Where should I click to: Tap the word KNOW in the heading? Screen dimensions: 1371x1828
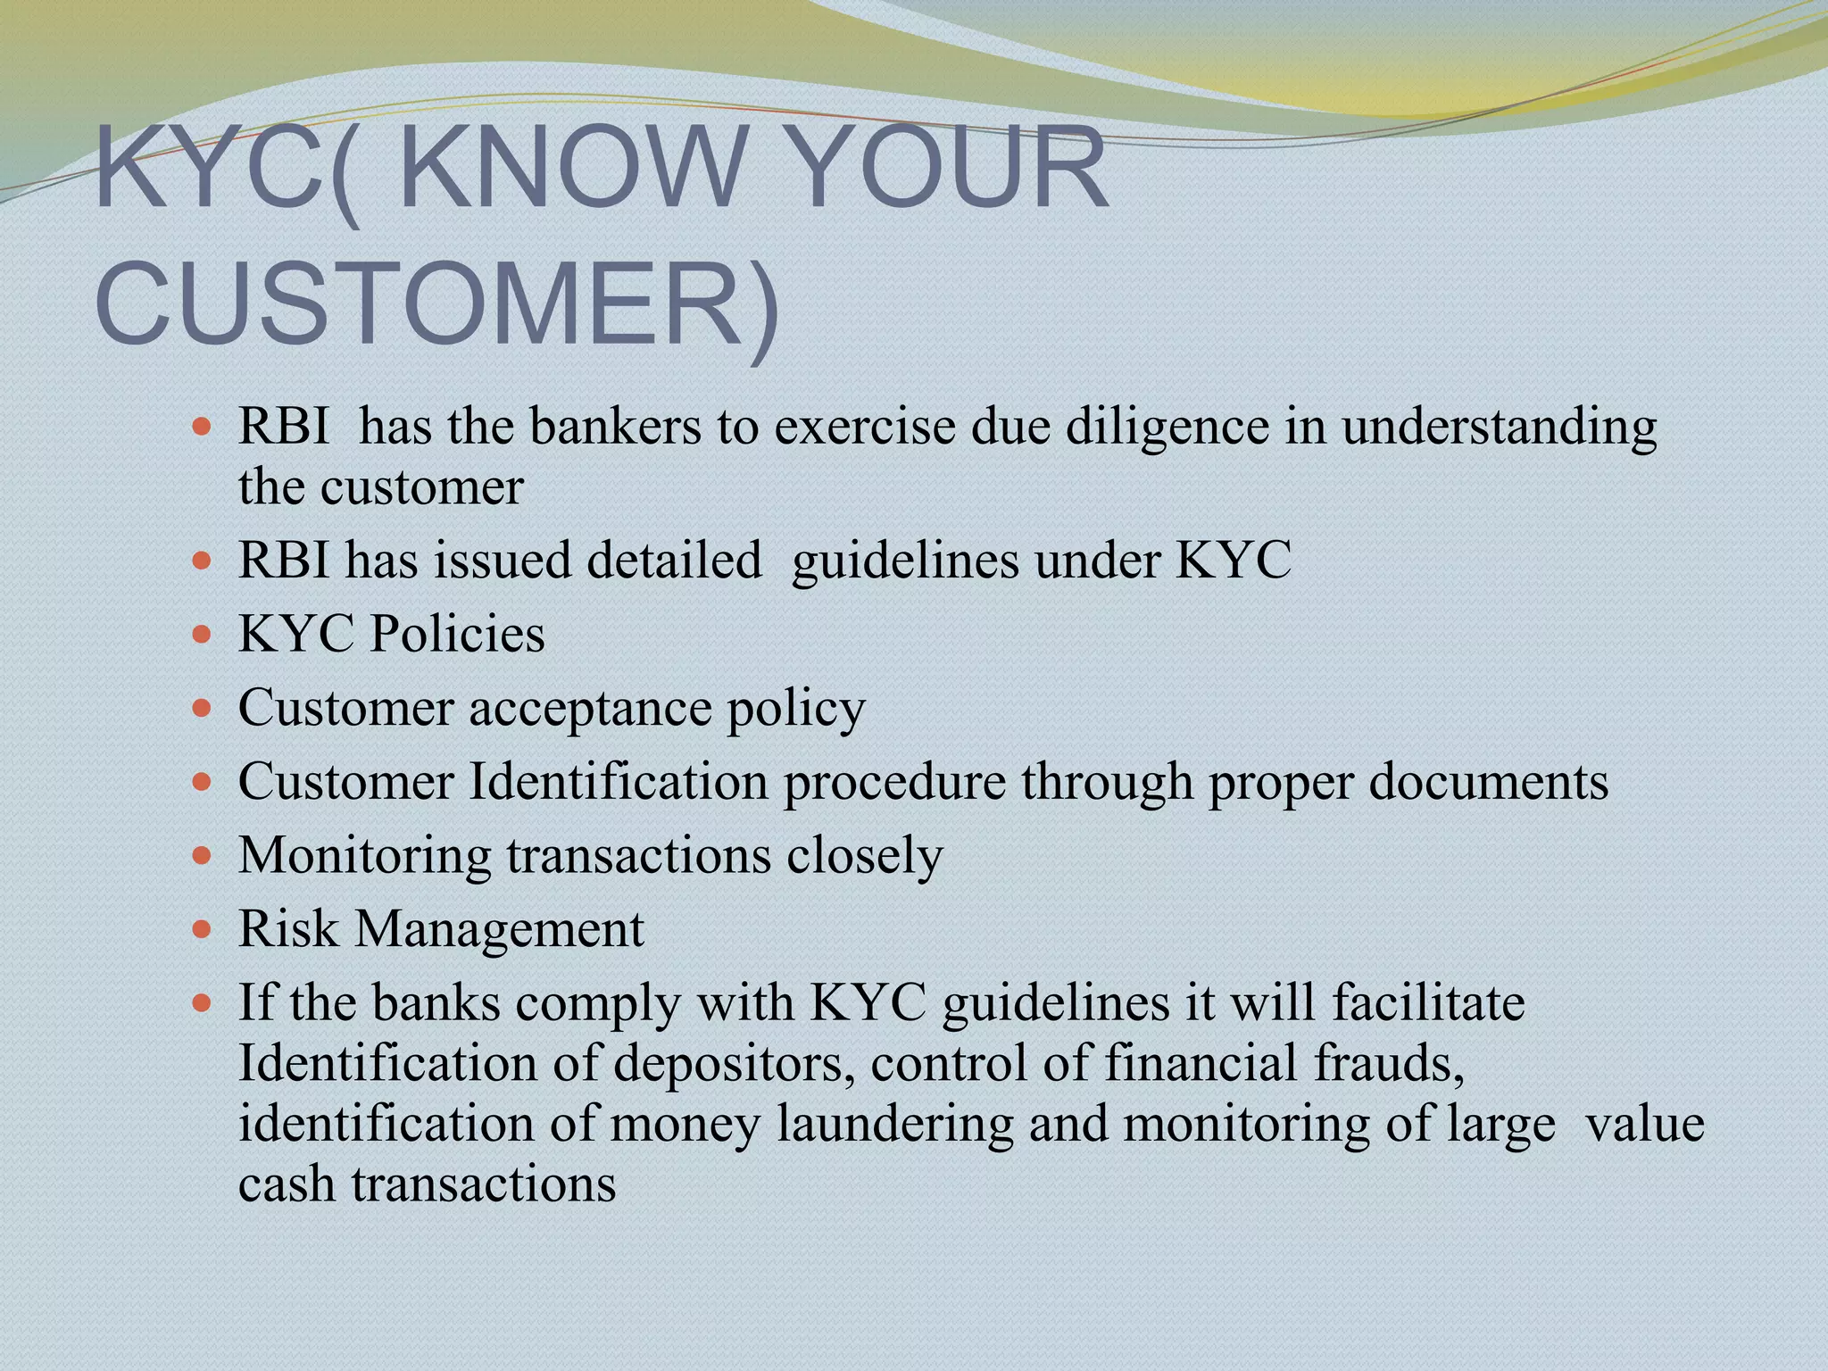571,168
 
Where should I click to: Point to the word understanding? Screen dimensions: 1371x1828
1499,427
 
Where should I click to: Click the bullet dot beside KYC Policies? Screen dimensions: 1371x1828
203,635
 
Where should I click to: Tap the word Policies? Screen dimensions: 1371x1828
457,635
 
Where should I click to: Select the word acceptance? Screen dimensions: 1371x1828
590,709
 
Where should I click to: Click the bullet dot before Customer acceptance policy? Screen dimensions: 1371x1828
203,709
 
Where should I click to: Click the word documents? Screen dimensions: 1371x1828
1488,782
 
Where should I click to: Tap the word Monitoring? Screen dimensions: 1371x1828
364,856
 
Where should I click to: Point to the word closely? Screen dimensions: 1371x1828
864,856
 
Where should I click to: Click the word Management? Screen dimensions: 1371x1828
500,929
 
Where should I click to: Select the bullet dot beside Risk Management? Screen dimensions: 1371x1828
203,930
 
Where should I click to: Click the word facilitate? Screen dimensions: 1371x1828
1428,1002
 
